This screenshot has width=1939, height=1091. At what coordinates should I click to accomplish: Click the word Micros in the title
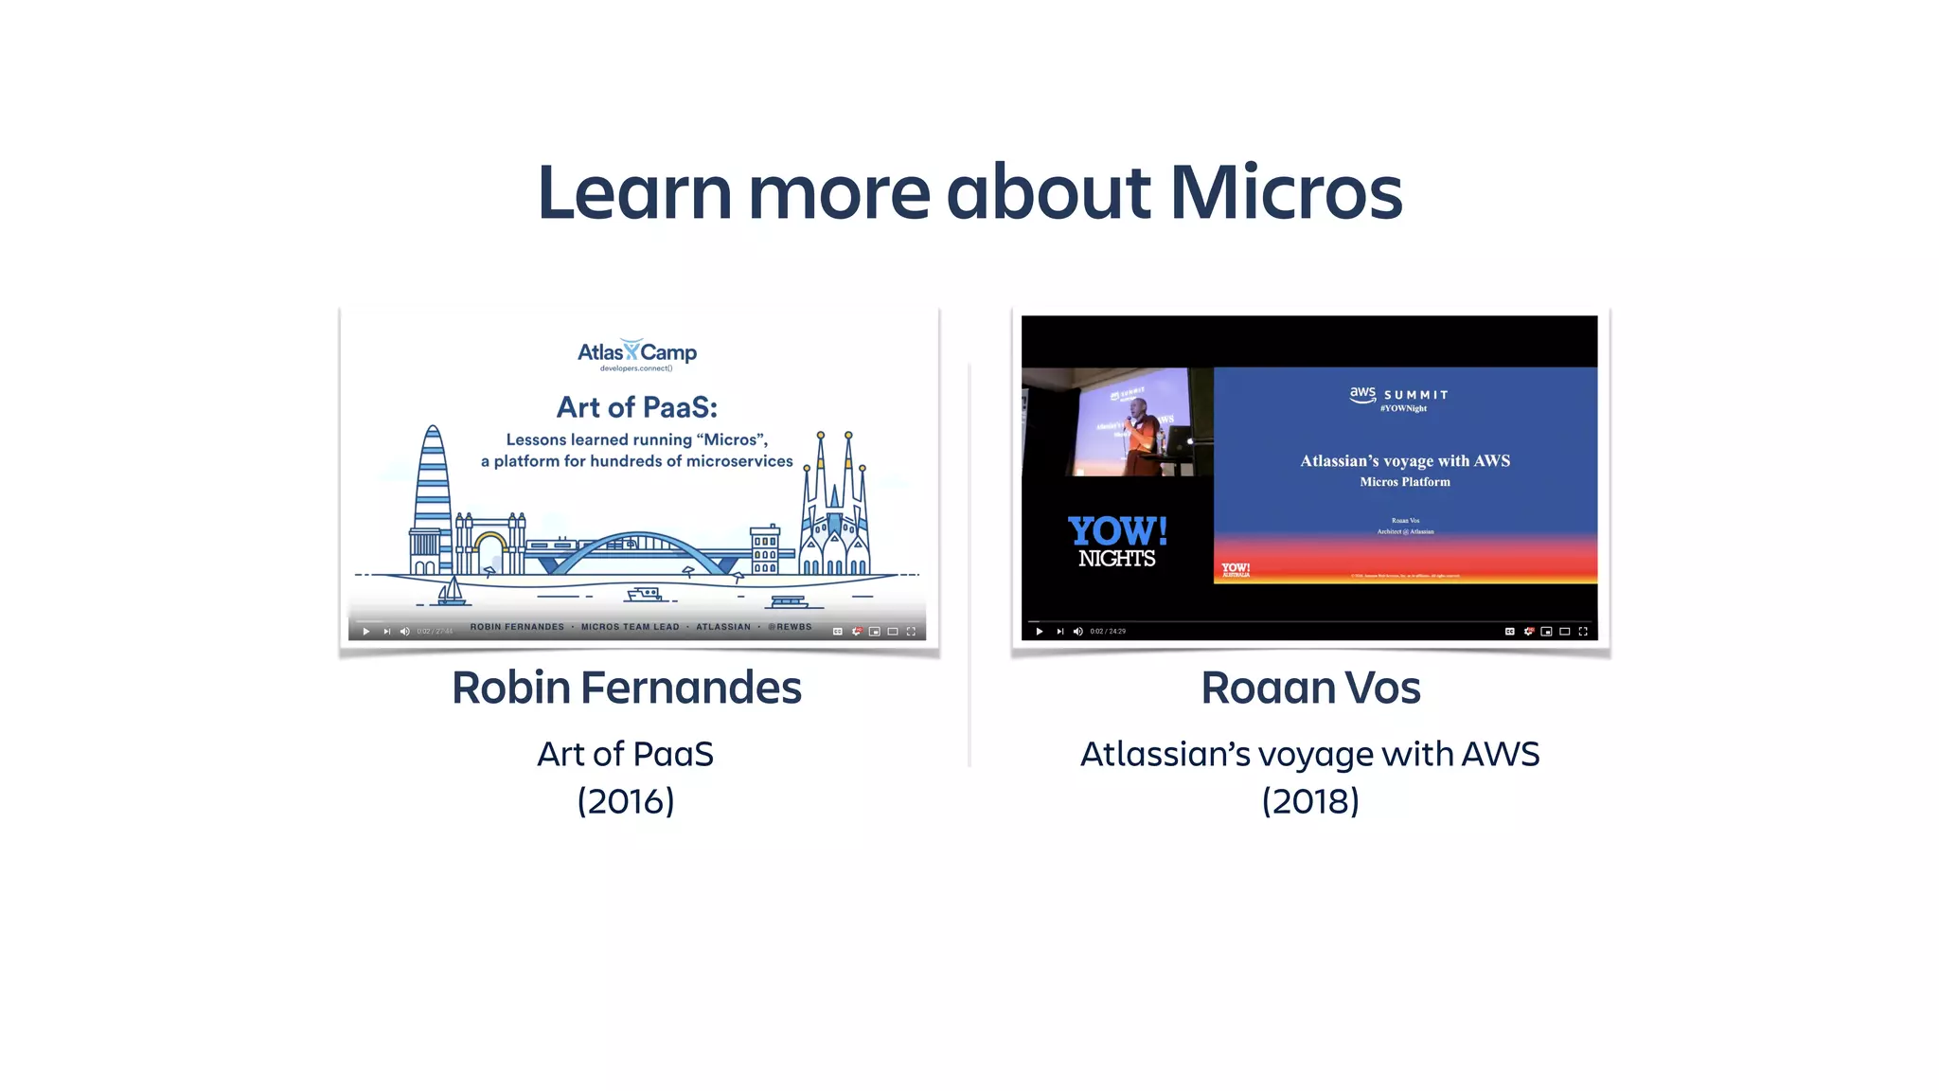point(1285,193)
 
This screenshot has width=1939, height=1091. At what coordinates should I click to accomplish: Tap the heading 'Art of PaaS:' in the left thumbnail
point(637,407)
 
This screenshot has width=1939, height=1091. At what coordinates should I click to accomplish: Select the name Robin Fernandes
point(626,688)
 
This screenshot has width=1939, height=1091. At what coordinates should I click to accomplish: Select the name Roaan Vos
point(1310,688)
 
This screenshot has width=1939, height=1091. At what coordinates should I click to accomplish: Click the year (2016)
point(626,801)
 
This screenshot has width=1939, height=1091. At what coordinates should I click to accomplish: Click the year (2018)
point(1310,801)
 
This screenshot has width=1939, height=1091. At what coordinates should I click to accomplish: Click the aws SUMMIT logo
point(1398,396)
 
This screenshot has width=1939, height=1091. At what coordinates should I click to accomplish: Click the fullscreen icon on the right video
point(1583,632)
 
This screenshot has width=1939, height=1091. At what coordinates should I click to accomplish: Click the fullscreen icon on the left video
point(911,632)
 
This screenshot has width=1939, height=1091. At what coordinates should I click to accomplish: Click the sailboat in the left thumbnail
point(451,593)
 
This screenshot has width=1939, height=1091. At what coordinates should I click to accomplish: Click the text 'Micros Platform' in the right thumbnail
point(1405,482)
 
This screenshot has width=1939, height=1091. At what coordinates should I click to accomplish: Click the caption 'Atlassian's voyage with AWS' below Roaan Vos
point(1310,754)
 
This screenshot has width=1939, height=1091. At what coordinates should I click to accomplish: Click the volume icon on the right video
point(1077,632)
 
